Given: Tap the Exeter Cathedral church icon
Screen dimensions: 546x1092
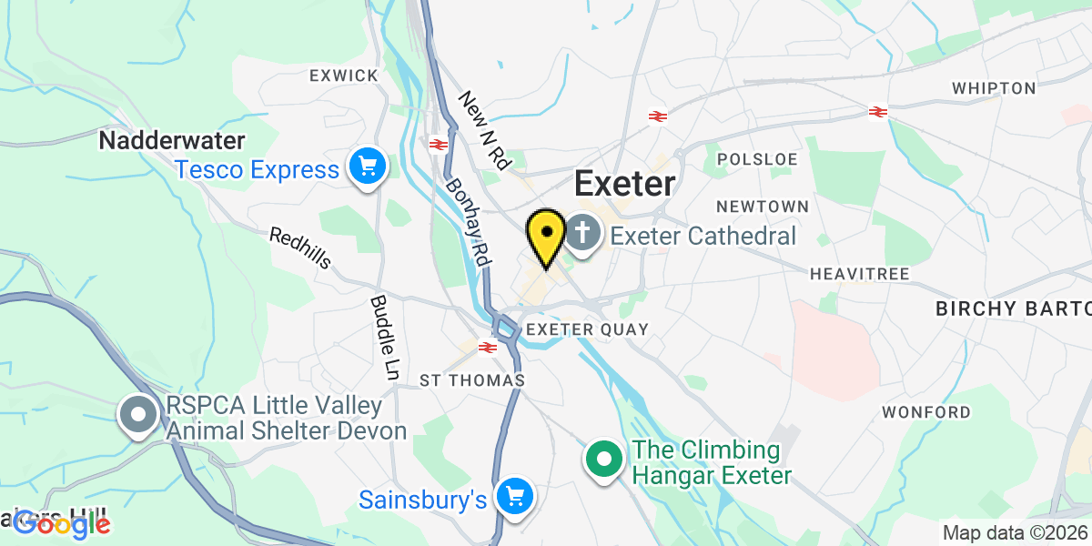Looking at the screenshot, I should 582,234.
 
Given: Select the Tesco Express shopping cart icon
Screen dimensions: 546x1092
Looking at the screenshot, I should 368,167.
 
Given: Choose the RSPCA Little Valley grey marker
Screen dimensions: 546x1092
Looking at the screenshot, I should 139,416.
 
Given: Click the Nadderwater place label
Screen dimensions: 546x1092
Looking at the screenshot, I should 172,141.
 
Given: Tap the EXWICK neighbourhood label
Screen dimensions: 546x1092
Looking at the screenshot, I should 343,76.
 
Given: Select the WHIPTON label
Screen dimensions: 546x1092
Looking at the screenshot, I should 994,88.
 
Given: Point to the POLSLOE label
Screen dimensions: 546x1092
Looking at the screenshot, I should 757,159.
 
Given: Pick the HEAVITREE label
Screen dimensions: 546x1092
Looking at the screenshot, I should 854,273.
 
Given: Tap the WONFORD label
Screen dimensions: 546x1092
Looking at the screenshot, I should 926,412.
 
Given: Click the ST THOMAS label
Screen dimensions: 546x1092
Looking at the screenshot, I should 472,379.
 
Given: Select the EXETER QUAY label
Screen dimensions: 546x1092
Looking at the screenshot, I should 588,329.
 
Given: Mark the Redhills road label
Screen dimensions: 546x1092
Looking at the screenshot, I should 300,248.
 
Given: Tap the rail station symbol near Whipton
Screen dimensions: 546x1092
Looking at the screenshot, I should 877,112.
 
